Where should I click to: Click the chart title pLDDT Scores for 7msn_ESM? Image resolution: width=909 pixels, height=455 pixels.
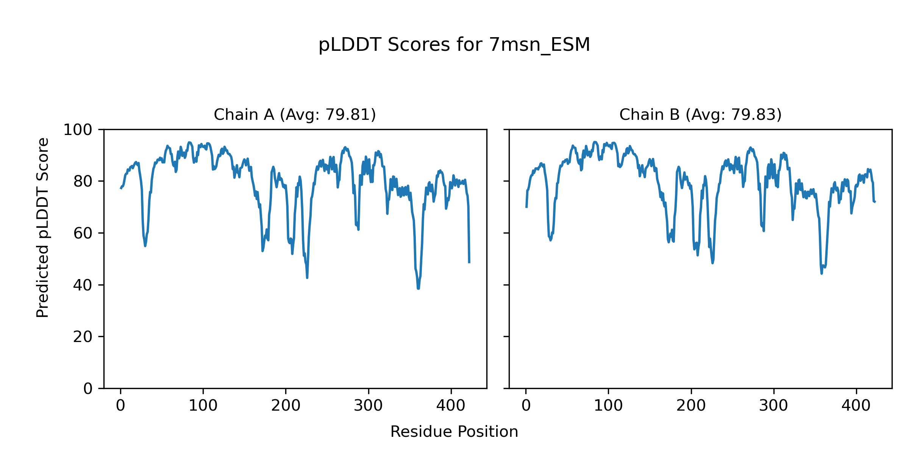454,45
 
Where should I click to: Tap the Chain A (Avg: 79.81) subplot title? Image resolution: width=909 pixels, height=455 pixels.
295,115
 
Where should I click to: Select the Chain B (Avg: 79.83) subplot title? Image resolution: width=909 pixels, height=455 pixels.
700,115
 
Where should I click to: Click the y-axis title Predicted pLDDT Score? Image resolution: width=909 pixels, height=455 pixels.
43,227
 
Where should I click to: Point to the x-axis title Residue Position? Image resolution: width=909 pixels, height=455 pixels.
454,432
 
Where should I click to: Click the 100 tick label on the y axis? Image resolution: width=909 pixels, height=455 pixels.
78,130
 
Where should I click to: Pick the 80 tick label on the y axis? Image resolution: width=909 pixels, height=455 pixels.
83,182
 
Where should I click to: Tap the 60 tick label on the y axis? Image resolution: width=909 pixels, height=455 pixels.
83,233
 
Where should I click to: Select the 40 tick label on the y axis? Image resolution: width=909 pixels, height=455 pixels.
83,285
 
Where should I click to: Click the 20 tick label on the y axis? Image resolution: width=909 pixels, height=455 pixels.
83,337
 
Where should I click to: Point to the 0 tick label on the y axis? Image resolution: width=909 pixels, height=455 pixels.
88,389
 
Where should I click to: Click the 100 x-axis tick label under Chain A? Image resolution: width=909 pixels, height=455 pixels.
203,406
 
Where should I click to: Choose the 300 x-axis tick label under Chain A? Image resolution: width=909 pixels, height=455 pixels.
368,406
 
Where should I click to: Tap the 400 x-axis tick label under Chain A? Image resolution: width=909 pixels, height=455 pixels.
451,406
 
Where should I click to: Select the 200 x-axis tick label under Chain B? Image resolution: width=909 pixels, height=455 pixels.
691,406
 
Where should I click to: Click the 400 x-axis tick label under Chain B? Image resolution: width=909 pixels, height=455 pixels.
856,406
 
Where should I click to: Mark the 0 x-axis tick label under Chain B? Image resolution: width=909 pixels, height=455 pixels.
526,406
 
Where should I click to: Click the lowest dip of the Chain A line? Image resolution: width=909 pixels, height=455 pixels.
418,289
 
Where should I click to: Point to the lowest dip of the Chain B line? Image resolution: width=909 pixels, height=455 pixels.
822,273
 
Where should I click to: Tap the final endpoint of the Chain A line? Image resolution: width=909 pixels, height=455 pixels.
469,262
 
